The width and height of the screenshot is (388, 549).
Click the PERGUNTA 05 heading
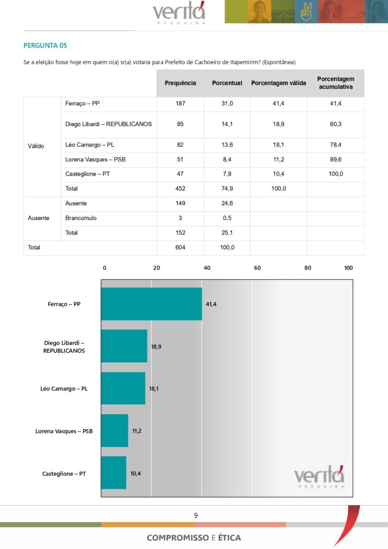click(45, 46)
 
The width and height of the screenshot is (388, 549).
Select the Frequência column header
click(180, 83)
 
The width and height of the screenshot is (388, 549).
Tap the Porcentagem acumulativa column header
click(335, 83)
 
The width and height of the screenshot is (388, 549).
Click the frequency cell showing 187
click(180, 103)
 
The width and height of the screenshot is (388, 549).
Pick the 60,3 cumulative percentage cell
click(335, 124)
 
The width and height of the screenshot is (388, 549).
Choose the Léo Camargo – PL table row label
click(89, 145)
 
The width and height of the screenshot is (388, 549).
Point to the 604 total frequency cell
click(180, 248)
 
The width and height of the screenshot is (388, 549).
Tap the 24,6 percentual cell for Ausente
click(227, 204)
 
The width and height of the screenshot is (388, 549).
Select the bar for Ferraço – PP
click(151, 304)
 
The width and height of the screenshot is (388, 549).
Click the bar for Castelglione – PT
click(114, 472)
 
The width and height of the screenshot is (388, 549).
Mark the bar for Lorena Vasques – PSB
click(115, 431)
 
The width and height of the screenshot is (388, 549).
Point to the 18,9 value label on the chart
click(156, 347)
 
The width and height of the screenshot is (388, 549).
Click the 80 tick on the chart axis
click(308, 268)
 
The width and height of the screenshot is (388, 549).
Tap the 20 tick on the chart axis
click(156, 268)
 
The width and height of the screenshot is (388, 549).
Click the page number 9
click(196, 516)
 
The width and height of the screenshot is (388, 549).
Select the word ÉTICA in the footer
click(229, 538)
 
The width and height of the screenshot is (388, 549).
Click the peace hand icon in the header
click(307, 12)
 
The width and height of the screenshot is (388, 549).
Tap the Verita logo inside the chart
click(319, 477)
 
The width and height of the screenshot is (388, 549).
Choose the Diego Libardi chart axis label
click(64, 346)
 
